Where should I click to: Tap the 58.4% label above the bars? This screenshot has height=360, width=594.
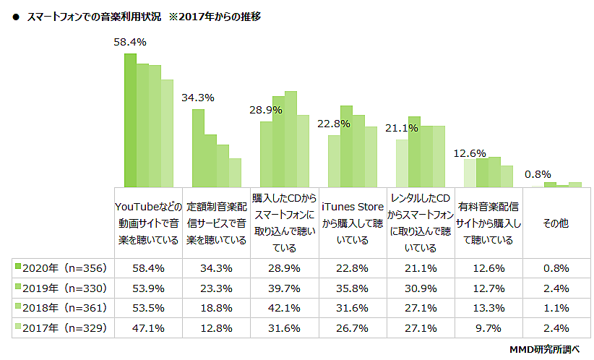130,43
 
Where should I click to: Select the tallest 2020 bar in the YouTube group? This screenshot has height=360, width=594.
130,120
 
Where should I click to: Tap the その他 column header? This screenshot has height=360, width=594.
556,223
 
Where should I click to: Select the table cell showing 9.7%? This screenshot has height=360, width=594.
488,326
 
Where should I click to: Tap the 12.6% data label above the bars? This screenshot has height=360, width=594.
470,153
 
